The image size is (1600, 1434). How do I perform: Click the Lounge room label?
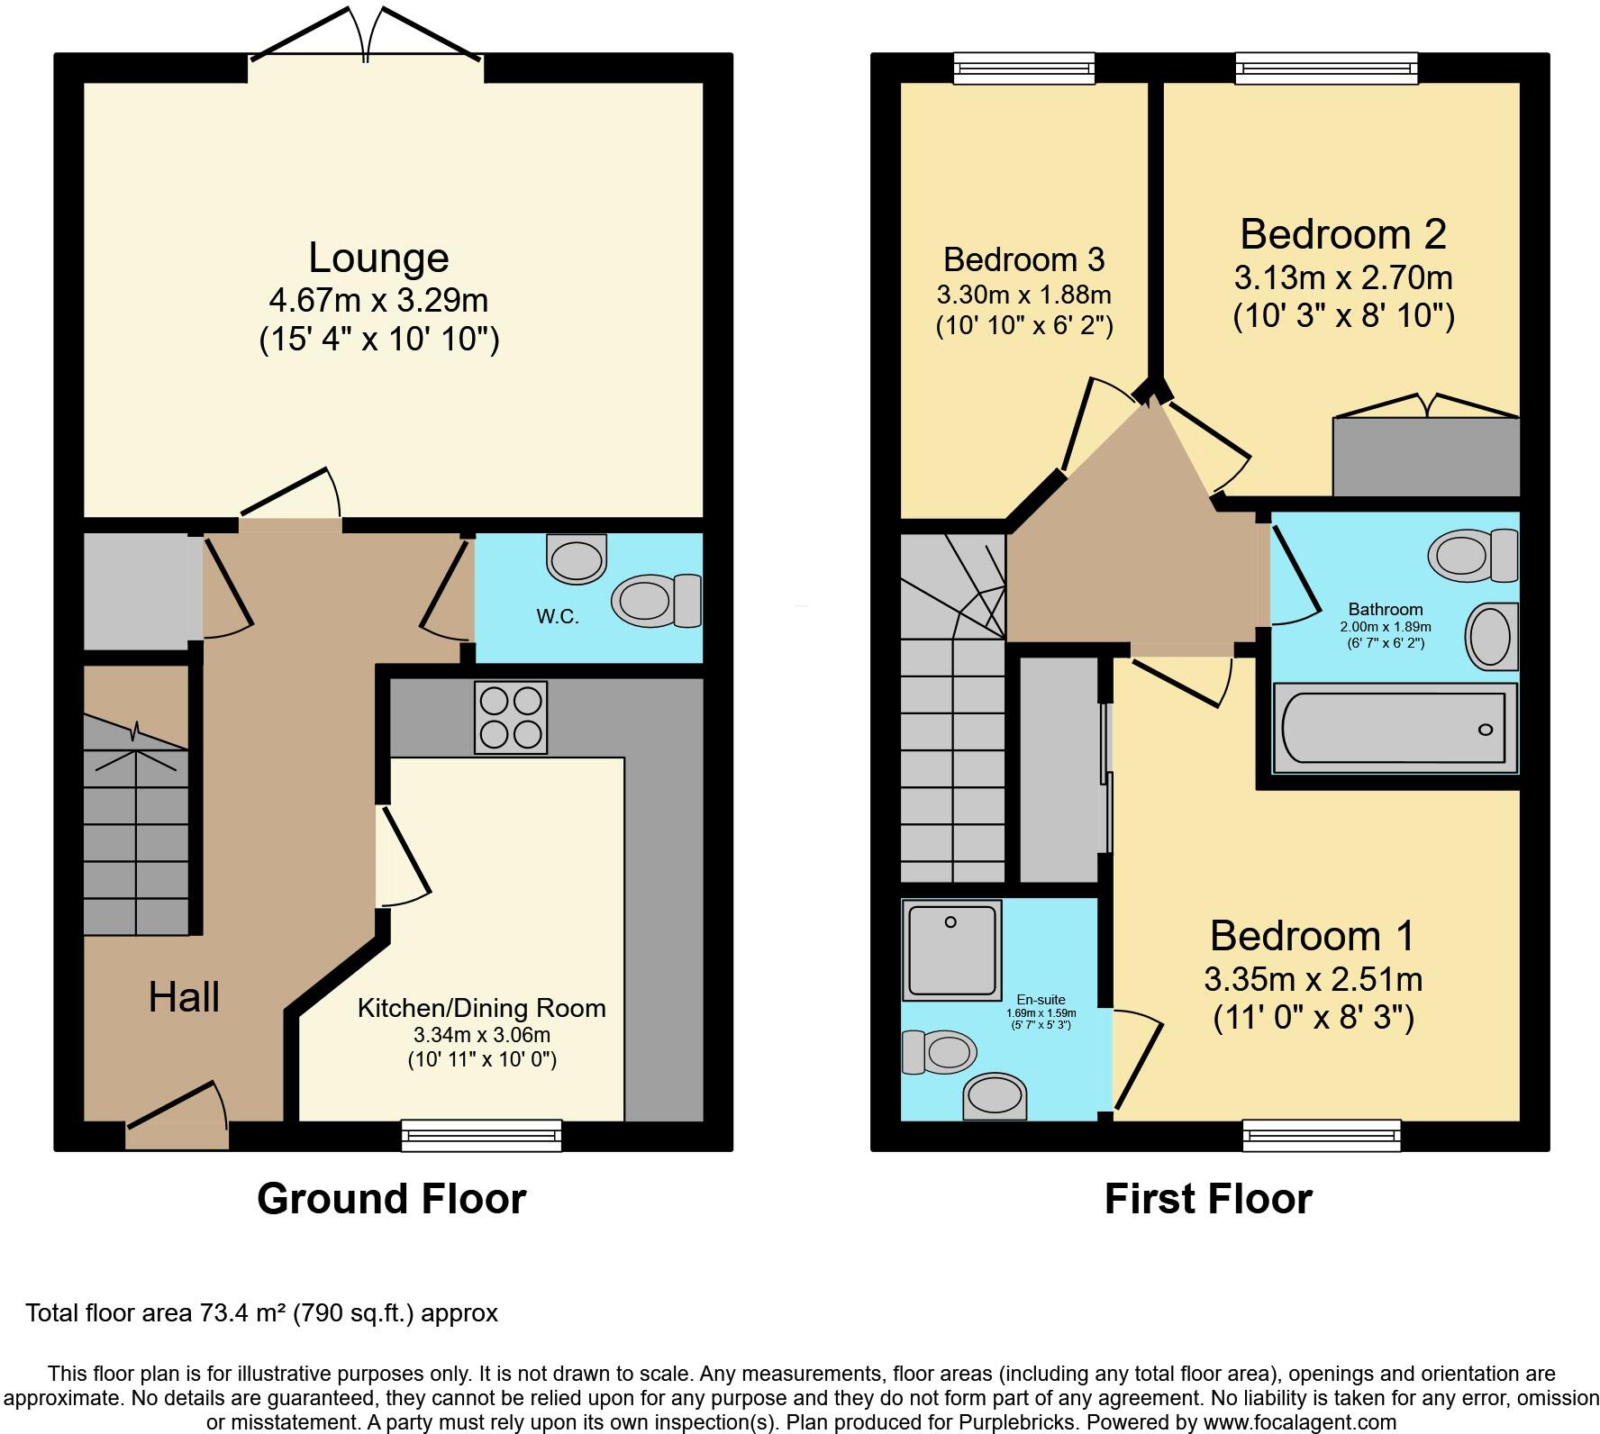click(378, 259)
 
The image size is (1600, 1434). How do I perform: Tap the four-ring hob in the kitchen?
click(511, 718)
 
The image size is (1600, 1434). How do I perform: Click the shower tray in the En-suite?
click(951, 951)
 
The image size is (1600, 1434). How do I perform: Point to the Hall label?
click(184, 998)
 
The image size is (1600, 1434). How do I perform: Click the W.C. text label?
click(558, 617)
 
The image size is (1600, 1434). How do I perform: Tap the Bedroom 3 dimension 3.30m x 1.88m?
click(1023, 295)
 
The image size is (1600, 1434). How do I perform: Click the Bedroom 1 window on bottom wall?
click(1322, 1135)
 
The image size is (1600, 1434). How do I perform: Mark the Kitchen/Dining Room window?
click(481, 1135)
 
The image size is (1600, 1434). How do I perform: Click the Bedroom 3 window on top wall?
click(1024, 68)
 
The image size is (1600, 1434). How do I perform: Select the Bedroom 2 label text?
click(1342, 234)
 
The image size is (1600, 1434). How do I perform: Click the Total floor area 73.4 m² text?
click(261, 1313)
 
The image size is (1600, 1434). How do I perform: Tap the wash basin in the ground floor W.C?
click(577, 559)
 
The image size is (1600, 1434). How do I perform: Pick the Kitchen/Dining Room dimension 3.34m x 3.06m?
click(481, 1035)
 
